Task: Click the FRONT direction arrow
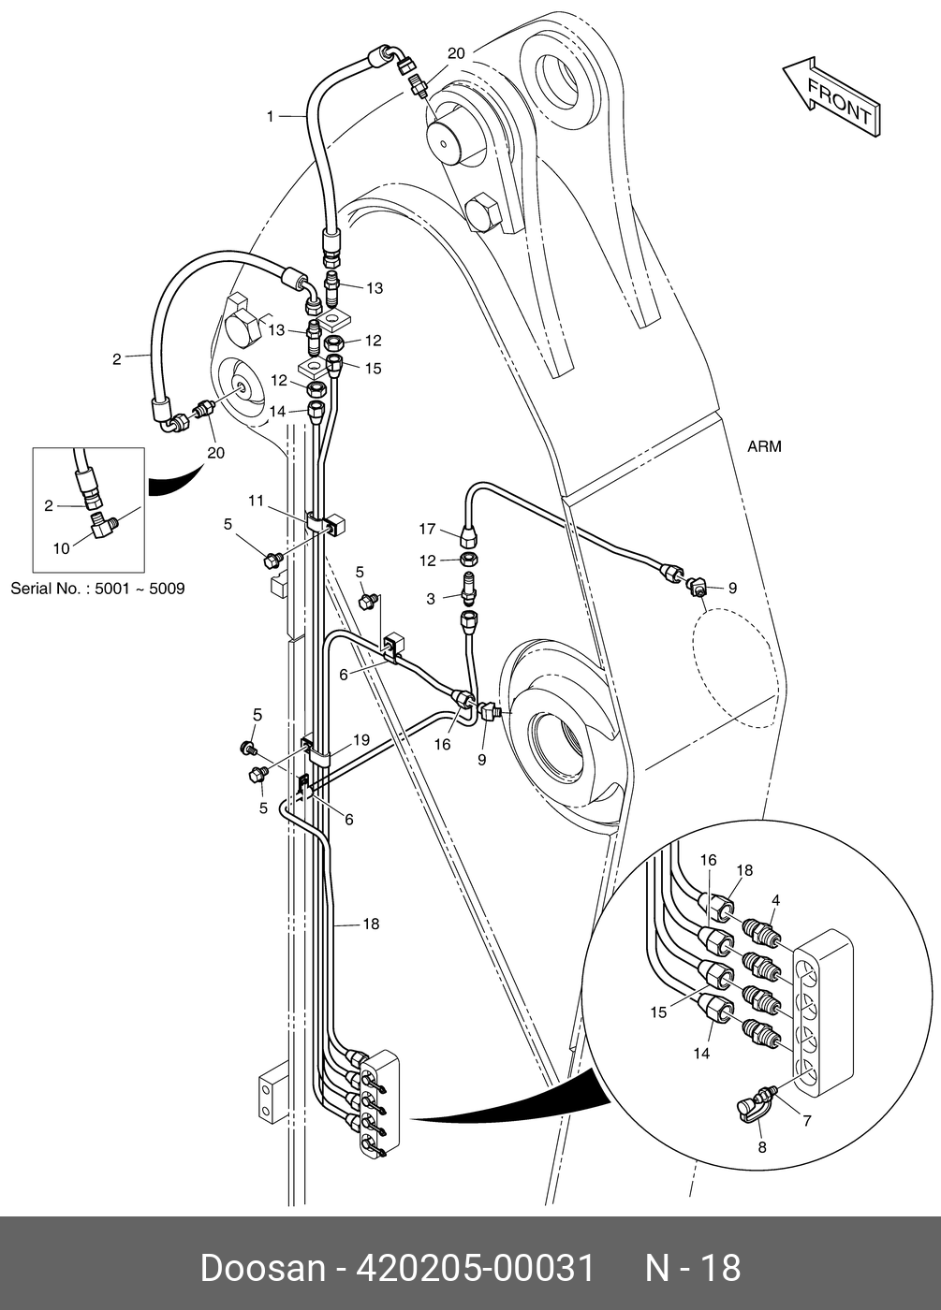[x=832, y=97]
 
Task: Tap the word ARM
[x=764, y=446]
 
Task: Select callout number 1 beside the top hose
[x=270, y=117]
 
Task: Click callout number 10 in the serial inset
[x=62, y=548]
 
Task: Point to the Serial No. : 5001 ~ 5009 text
[x=97, y=588]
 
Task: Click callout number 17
[x=427, y=529]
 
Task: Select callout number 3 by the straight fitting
[x=431, y=599]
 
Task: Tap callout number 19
[x=361, y=740]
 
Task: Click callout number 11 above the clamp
[x=257, y=501]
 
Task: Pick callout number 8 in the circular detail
[x=762, y=1147]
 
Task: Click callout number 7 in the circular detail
[x=807, y=1121]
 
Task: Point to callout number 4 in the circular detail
[x=775, y=900]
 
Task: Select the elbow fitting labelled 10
[x=104, y=523]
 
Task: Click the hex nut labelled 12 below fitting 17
[x=469, y=560]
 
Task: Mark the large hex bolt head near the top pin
[x=484, y=211]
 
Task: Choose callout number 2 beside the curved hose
[x=117, y=358]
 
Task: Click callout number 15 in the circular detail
[x=658, y=1012]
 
